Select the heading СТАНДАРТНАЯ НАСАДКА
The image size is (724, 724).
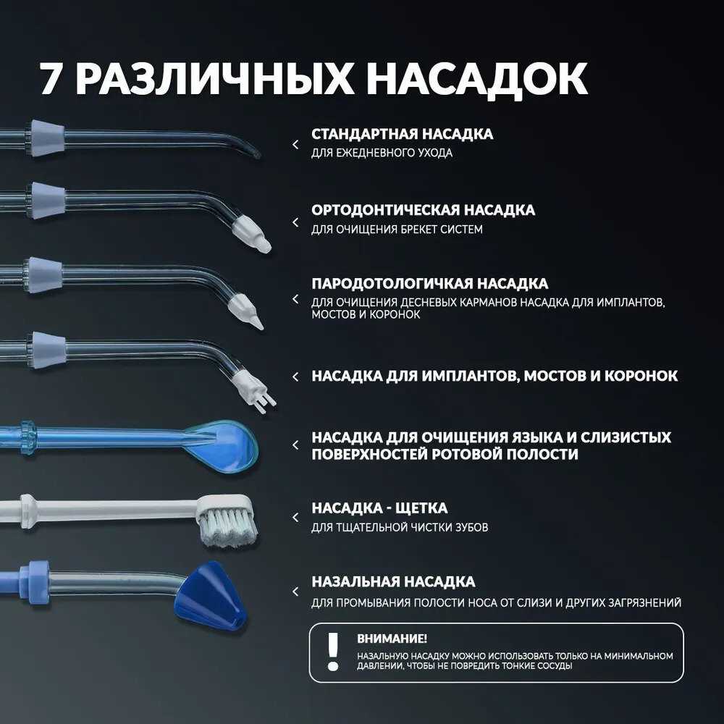[402, 134]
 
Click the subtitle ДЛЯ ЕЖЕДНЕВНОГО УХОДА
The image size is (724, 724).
[382, 153]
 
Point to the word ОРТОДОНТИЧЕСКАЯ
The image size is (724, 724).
[384, 210]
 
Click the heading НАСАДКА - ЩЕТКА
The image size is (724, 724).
[379, 508]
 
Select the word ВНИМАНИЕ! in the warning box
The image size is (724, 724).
[392, 639]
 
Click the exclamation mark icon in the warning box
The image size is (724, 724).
[332, 652]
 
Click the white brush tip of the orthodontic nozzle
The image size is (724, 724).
[251, 234]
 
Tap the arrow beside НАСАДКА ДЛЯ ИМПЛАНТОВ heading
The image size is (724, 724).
[295, 376]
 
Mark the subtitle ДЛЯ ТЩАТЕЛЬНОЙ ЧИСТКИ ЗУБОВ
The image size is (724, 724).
[400, 527]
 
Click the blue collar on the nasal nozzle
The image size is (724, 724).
[35, 582]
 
